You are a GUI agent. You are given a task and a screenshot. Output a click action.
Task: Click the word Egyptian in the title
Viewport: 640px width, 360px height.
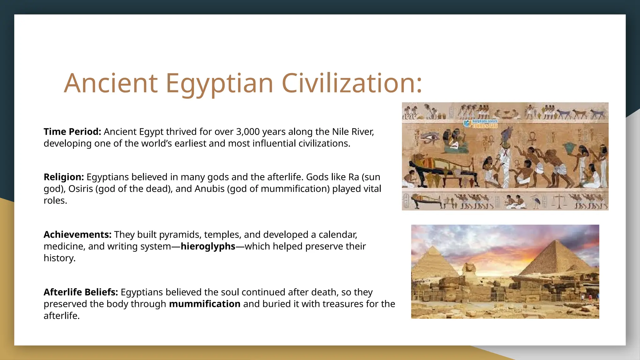(219, 83)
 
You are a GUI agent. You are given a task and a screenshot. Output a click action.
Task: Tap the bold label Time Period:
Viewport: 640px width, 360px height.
(72, 132)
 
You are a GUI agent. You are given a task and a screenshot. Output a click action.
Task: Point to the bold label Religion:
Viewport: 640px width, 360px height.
(64, 177)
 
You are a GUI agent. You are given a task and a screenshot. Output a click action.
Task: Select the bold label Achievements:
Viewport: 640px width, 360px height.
(77, 234)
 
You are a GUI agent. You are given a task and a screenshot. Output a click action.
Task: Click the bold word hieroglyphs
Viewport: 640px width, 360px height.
(208, 246)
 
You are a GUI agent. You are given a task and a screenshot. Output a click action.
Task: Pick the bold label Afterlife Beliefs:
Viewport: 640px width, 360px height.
(81, 292)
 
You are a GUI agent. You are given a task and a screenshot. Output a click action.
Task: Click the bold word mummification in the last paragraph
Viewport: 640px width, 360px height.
(205, 304)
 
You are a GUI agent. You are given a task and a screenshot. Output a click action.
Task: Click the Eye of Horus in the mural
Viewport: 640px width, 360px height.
(430, 136)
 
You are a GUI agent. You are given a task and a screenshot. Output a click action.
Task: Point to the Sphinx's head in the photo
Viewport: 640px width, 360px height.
(469, 267)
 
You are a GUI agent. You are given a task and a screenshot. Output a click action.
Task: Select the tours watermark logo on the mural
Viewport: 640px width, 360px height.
(481, 123)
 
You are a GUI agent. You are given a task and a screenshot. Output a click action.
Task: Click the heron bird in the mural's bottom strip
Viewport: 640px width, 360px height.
(536, 202)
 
